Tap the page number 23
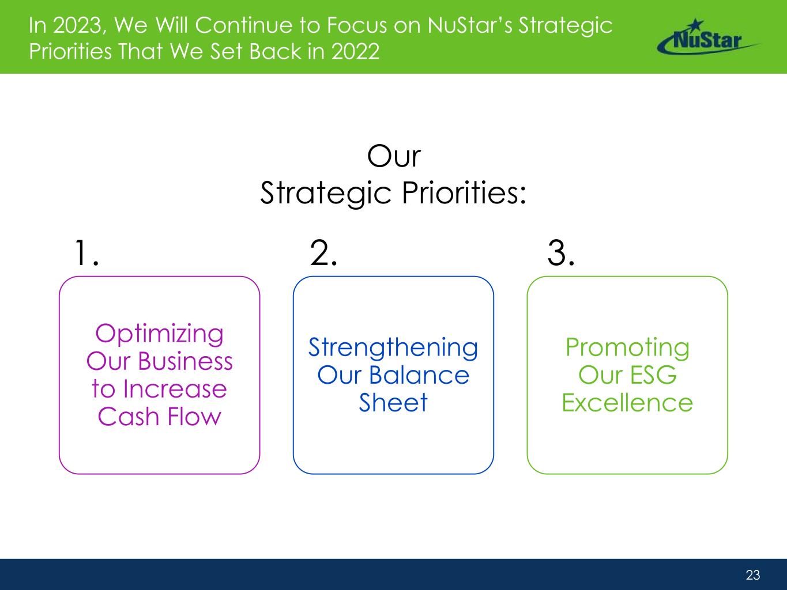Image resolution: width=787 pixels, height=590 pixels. click(752, 574)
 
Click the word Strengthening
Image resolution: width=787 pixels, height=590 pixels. click(393, 348)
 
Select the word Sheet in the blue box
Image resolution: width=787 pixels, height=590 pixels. click(393, 402)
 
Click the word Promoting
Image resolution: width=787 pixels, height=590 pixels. click(627, 348)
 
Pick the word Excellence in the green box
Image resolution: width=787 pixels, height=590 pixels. click(627, 403)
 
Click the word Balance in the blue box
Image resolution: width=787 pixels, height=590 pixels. click(419, 375)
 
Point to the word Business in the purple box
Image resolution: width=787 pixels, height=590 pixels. click(186, 361)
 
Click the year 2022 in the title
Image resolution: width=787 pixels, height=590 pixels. click(355, 52)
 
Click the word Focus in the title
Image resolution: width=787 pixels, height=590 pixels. click(357, 25)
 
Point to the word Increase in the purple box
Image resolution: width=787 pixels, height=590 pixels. click(175, 389)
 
